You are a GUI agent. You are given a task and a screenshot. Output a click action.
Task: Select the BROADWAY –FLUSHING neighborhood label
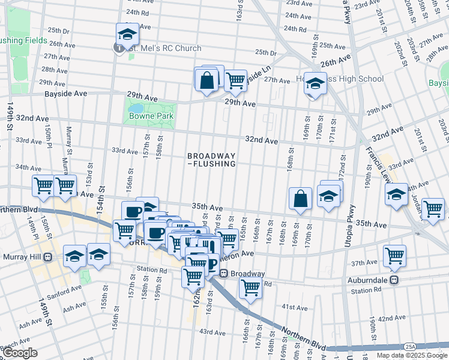point(211,159)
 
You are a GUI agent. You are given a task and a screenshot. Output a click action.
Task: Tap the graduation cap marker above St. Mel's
point(127,34)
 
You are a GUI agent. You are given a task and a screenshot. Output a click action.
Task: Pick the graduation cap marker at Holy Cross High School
point(315,83)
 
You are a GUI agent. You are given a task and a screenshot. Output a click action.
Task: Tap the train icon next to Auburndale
point(394,280)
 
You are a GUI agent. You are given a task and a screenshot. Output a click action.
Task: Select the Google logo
point(20,353)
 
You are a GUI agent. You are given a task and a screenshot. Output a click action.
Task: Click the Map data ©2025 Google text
point(411,355)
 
